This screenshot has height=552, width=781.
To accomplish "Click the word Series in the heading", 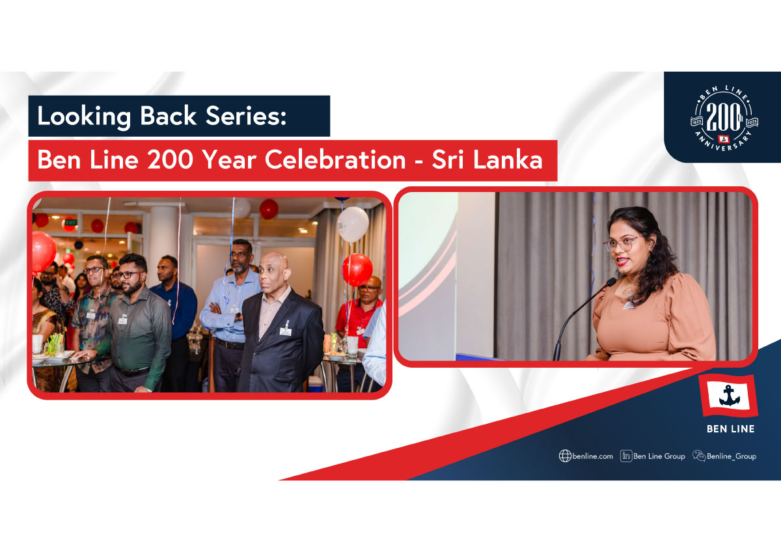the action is pos(246,116).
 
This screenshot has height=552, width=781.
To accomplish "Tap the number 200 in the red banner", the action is pos(170,159).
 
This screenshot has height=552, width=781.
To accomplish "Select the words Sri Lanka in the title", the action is pos(487,159).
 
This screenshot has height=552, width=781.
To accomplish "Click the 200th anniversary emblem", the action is pos(724,118).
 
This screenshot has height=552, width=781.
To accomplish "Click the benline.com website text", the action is pos(592,456).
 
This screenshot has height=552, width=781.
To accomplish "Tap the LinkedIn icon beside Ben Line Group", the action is pos(626,456).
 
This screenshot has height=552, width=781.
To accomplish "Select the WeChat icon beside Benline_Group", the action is pos(699,456).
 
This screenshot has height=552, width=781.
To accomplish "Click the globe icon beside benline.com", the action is pos(565,456).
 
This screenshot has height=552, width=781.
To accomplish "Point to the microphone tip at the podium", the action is pos(611,281).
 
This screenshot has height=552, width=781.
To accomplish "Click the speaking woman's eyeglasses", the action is pos(621,243).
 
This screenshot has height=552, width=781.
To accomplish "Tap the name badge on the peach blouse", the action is pos(631,306).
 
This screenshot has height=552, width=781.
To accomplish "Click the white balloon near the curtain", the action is pos(353,224).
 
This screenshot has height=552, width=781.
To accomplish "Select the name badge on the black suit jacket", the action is pos(285,331).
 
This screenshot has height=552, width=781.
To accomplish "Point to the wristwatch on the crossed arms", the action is pos(238,317).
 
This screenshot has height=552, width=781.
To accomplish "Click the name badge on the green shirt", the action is pos(123,320).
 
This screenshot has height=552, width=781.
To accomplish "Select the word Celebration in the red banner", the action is pos(335,159).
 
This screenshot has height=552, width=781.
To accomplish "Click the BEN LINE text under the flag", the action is pos(730,428).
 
